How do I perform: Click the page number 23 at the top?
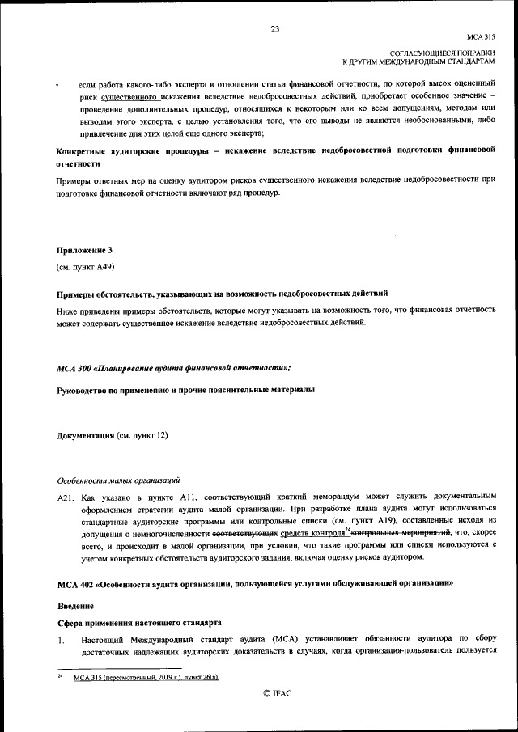coord(274,30)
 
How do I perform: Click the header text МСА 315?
coord(480,37)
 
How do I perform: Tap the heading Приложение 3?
coord(84,250)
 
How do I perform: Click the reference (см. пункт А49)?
coord(85,266)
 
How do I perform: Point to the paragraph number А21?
coord(66,494)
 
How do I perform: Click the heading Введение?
coord(75,606)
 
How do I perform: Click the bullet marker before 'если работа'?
coord(57,85)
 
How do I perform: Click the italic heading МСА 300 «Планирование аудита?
coord(174,368)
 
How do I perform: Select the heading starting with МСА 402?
coord(251,583)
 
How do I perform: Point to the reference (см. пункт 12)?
coord(142,436)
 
